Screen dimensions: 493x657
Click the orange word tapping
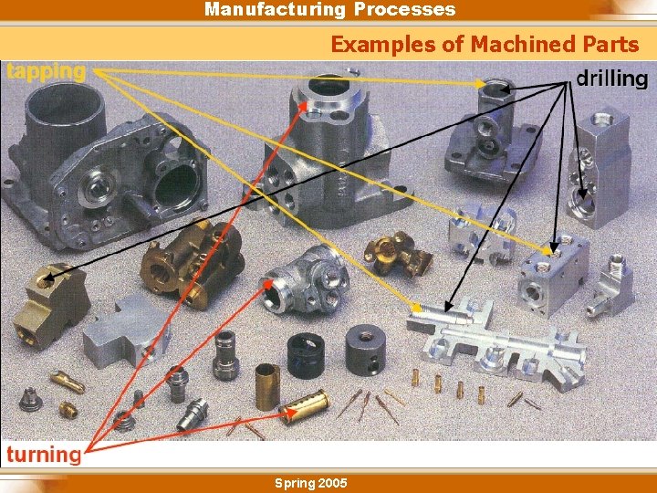pyautogui.click(x=46, y=71)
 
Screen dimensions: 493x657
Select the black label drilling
pyautogui.click(x=611, y=79)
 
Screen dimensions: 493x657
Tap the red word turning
pyautogui.click(x=43, y=454)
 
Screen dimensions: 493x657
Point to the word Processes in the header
pyautogui.click(x=404, y=10)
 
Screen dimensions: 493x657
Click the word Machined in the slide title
pyautogui.click(x=524, y=44)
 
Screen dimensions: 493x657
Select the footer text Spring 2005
pyautogui.click(x=310, y=482)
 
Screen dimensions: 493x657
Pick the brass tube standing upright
pyautogui.click(x=267, y=385)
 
